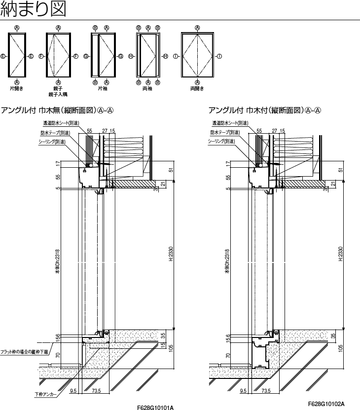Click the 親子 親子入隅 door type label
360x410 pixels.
coord(59,91)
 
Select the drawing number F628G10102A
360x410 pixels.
coord(325,404)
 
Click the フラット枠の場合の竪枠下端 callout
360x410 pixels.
coord(25,352)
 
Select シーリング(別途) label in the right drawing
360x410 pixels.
coord(224,141)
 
